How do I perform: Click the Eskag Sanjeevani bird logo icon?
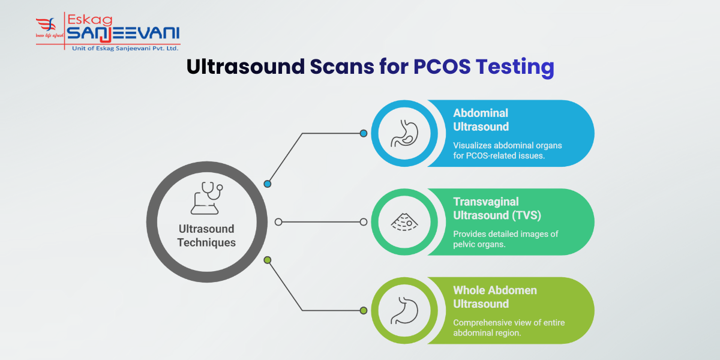(x=47, y=28)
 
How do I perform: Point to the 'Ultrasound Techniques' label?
(x=206, y=236)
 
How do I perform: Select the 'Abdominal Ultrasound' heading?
(x=481, y=119)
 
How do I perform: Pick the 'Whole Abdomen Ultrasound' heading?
(x=495, y=297)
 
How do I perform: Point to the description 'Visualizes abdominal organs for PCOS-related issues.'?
(x=507, y=150)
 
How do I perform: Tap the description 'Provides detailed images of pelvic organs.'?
(x=505, y=239)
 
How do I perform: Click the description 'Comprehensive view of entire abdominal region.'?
(x=508, y=328)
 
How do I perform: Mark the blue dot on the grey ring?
(x=268, y=184)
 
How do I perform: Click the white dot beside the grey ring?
(x=278, y=222)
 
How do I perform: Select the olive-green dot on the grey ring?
(x=268, y=260)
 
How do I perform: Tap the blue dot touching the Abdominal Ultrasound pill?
(x=363, y=133)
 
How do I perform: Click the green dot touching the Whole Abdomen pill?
(x=363, y=310)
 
